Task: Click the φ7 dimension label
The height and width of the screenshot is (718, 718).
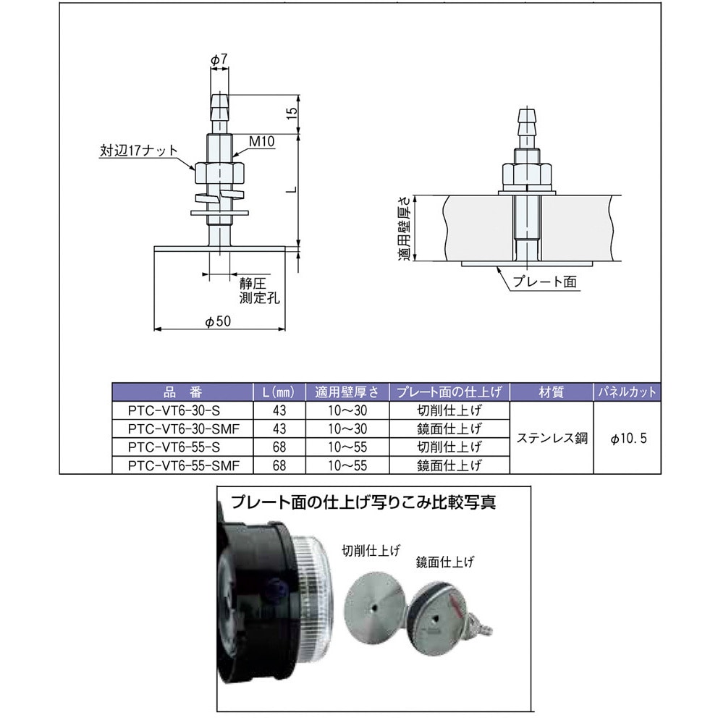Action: (220, 59)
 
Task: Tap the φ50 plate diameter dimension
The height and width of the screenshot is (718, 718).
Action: (218, 323)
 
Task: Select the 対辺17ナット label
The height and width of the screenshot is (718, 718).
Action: (138, 151)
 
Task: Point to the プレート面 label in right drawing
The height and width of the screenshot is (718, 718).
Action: (544, 282)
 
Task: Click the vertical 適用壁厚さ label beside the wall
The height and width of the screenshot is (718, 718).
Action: (407, 228)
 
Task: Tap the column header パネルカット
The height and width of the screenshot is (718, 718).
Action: (626, 392)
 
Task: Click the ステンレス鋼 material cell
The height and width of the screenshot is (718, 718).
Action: (552, 438)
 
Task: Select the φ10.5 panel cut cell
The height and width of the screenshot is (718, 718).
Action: (626, 438)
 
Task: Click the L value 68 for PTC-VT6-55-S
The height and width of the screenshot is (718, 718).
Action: (279, 447)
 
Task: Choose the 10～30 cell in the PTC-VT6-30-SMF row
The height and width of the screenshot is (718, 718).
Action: (347, 428)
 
